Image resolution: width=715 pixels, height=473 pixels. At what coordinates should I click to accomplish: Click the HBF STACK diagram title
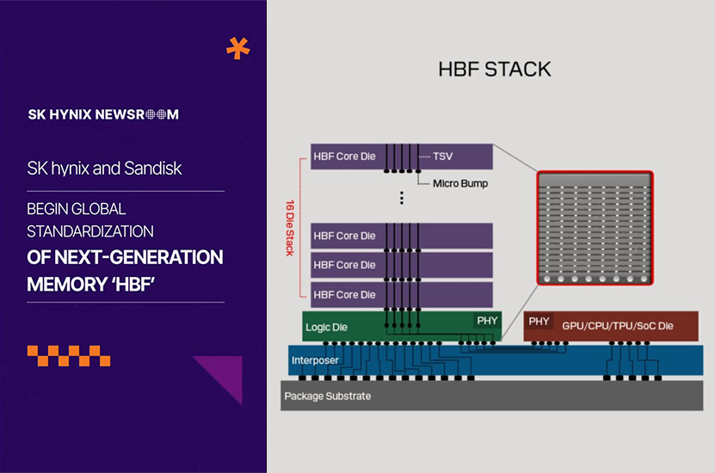click(494, 69)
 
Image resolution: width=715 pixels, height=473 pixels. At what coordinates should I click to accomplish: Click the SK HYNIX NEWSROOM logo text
click(103, 114)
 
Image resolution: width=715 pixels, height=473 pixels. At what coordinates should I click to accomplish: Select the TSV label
click(443, 157)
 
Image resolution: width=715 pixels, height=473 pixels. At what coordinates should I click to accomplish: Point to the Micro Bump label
click(460, 183)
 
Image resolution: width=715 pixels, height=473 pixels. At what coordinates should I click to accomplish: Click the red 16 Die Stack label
click(289, 229)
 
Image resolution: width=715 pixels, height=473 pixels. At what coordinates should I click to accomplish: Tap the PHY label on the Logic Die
click(486, 321)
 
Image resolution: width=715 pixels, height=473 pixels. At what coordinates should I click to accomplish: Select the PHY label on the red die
click(539, 322)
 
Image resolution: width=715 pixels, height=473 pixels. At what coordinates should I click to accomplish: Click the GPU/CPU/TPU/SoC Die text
click(617, 327)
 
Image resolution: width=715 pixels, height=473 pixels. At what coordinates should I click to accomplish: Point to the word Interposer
click(315, 359)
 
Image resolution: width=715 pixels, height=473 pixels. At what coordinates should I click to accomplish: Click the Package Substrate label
click(328, 396)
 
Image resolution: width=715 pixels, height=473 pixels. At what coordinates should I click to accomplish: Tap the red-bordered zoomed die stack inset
click(595, 229)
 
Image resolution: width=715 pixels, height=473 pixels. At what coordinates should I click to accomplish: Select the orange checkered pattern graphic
click(69, 355)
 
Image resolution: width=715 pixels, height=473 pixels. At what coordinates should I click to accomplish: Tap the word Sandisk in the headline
click(156, 169)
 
